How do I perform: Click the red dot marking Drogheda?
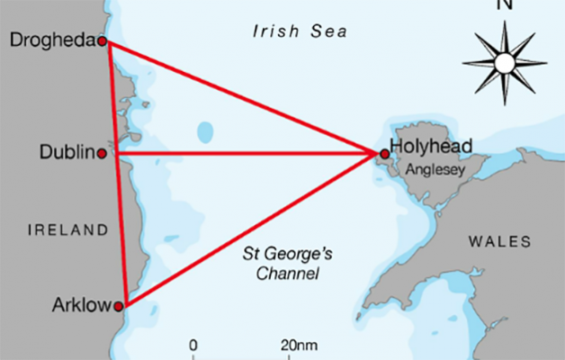coord(103,41)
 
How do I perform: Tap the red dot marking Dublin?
coord(102,153)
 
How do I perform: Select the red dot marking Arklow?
coord(118,306)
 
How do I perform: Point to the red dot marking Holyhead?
coord(385,154)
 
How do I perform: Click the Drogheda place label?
coord(50,40)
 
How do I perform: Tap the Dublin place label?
coord(67,153)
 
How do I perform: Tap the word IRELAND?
coord(67,231)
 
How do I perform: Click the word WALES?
coord(499,241)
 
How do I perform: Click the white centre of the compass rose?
coord(504,62)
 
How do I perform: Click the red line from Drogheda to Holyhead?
coord(243,97)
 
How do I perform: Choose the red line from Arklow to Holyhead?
coord(252,229)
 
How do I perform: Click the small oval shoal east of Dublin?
coord(206,133)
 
